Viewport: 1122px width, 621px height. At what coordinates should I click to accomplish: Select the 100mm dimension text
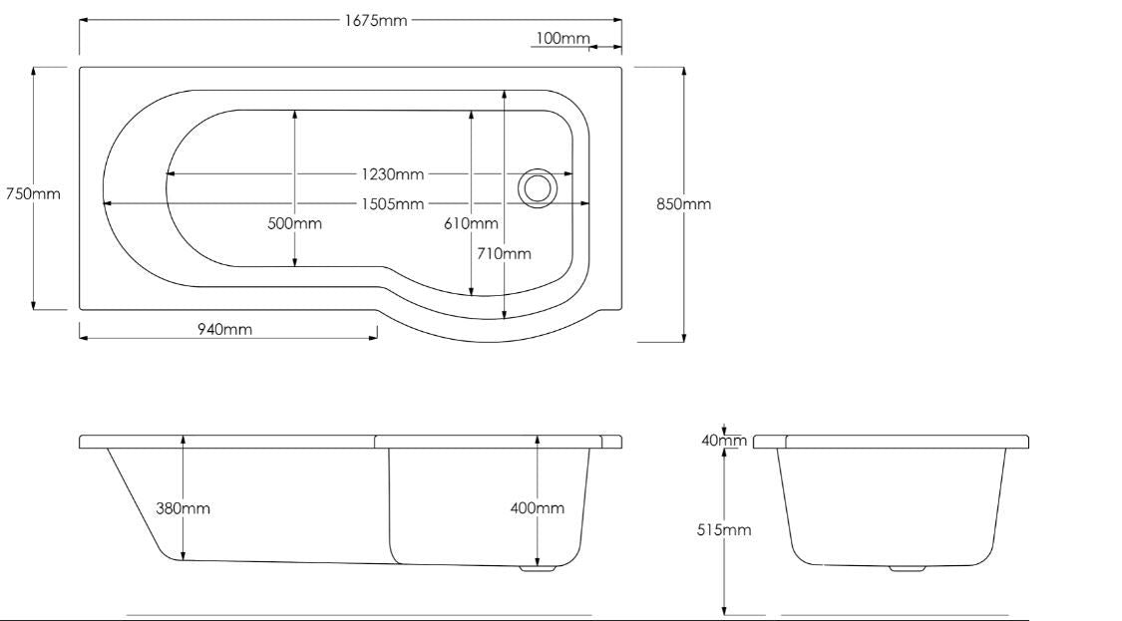pos(562,39)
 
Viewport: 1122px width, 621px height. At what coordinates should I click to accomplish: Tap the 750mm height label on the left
pos(33,193)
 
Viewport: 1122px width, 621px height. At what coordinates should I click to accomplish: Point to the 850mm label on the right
pos(683,203)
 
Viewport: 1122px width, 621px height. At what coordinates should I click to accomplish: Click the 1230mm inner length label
pos(393,174)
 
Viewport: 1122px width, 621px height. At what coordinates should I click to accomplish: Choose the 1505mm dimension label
pos(393,204)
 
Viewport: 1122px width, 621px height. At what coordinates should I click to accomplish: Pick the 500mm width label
pos(294,223)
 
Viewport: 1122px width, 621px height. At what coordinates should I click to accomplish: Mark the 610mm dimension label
pos(471,223)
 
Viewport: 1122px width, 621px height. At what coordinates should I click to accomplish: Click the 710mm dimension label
pos(505,253)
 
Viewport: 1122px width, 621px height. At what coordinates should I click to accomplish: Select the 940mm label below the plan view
pos(224,330)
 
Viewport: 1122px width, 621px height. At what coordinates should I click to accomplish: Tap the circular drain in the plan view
pos(537,186)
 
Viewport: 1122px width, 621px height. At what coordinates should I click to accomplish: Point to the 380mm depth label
pos(183,508)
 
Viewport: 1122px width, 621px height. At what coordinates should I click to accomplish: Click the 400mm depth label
pos(537,508)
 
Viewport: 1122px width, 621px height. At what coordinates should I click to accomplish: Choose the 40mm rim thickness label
pos(724,441)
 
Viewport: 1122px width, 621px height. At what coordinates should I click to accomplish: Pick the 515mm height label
pos(724,530)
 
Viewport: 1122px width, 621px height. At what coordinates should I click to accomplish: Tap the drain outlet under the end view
pos(907,569)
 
